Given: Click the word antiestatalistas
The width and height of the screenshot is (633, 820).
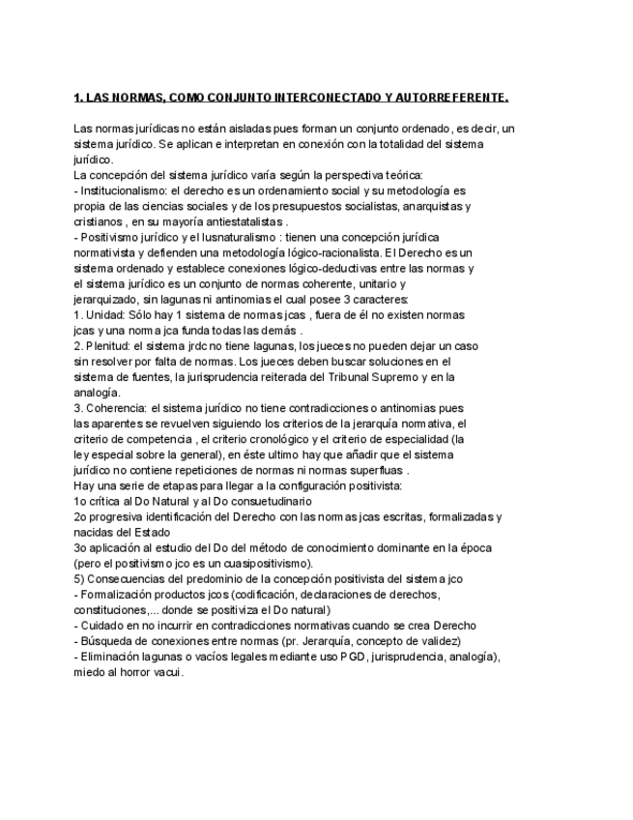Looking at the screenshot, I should [245, 220].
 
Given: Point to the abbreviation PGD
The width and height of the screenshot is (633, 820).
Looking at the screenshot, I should [351, 656].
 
